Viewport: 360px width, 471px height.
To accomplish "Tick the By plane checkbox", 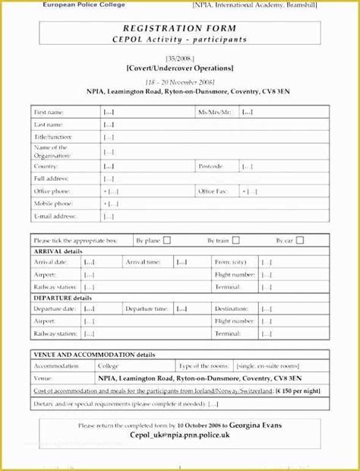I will click(x=167, y=240).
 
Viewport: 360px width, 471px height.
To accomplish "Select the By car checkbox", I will click(x=299, y=240).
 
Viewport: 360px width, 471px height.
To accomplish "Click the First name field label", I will click(x=50, y=112).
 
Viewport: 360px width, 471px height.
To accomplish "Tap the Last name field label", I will click(x=49, y=123).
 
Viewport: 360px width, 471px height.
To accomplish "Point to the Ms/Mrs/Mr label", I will click(x=214, y=112).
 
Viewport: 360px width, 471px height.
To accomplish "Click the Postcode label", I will click(x=210, y=165).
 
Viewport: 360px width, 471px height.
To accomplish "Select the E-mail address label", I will click(x=55, y=217).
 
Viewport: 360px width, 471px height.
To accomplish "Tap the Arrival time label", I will click(x=143, y=262).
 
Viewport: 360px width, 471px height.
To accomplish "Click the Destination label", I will click(x=232, y=309).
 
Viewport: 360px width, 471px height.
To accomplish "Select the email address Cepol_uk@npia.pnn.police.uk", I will click(x=179, y=437).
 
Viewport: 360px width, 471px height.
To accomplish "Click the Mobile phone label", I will click(x=53, y=204).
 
